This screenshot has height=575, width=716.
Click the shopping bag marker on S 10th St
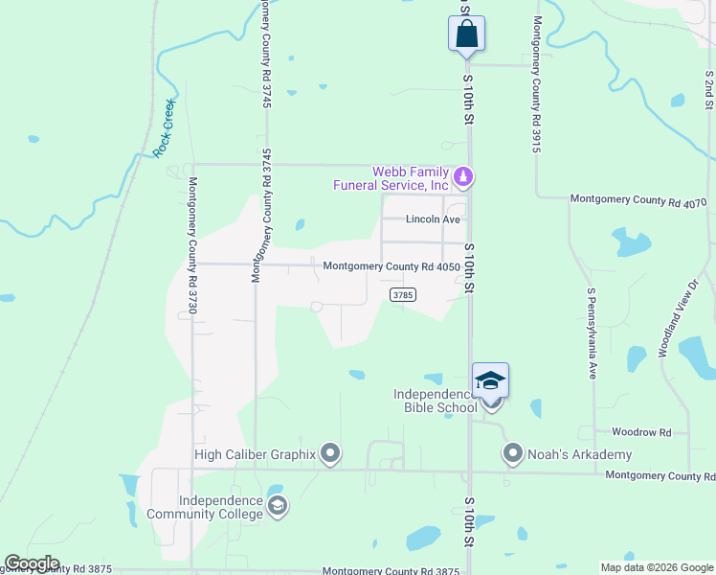[466, 34]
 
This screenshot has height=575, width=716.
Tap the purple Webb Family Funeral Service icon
[464, 176]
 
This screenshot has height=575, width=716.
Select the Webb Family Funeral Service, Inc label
[391, 178]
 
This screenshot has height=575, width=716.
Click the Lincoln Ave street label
[433, 219]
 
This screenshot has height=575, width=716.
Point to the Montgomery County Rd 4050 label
[392, 266]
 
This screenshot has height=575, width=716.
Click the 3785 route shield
[402, 295]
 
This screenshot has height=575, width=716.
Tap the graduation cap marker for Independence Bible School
[490, 381]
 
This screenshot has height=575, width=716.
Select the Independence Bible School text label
[435, 401]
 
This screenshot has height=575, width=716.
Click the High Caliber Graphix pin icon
[330, 453]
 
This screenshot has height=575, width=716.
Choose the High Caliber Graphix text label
[255, 454]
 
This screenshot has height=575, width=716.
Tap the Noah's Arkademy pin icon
[513, 453]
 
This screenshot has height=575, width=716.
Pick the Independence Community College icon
[278, 506]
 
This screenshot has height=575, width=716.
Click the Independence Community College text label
[205, 507]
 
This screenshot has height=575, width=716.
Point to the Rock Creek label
[164, 128]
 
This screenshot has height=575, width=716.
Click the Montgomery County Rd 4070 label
[638, 200]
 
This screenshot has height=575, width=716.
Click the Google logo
[32, 563]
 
